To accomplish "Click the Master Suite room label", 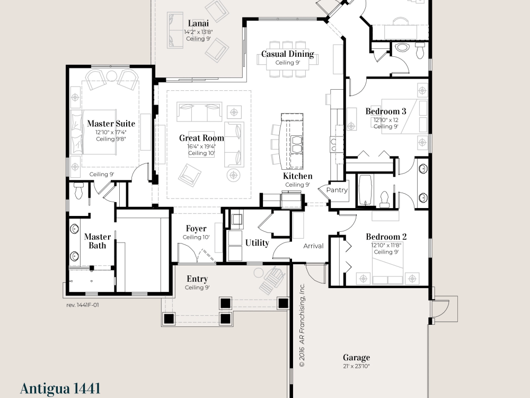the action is [x=111, y=124].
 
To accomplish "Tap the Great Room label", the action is [x=201, y=138].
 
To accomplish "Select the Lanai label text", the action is [x=198, y=23].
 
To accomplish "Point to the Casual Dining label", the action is [x=288, y=54].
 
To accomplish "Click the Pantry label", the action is [x=337, y=190].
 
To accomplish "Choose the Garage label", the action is [x=356, y=357].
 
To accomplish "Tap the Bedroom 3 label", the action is [x=386, y=111].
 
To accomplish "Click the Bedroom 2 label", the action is [x=386, y=237].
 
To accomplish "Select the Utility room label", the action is [x=257, y=243].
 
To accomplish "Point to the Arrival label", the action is [x=313, y=246].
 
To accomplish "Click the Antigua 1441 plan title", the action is [x=60, y=388].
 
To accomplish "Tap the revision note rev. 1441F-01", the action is [x=83, y=305].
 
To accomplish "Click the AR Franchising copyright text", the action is [x=302, y=325].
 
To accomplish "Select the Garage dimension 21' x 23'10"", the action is [x=356, y=366].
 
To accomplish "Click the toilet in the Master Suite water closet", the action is [x=78, y=191].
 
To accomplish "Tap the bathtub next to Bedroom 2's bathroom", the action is [x=365, y=190].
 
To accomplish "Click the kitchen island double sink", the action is [x=296, y=144].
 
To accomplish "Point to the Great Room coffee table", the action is [x=201, y=144].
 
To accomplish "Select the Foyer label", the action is [x=196, y=229].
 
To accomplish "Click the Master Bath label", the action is [x=98, y=241].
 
